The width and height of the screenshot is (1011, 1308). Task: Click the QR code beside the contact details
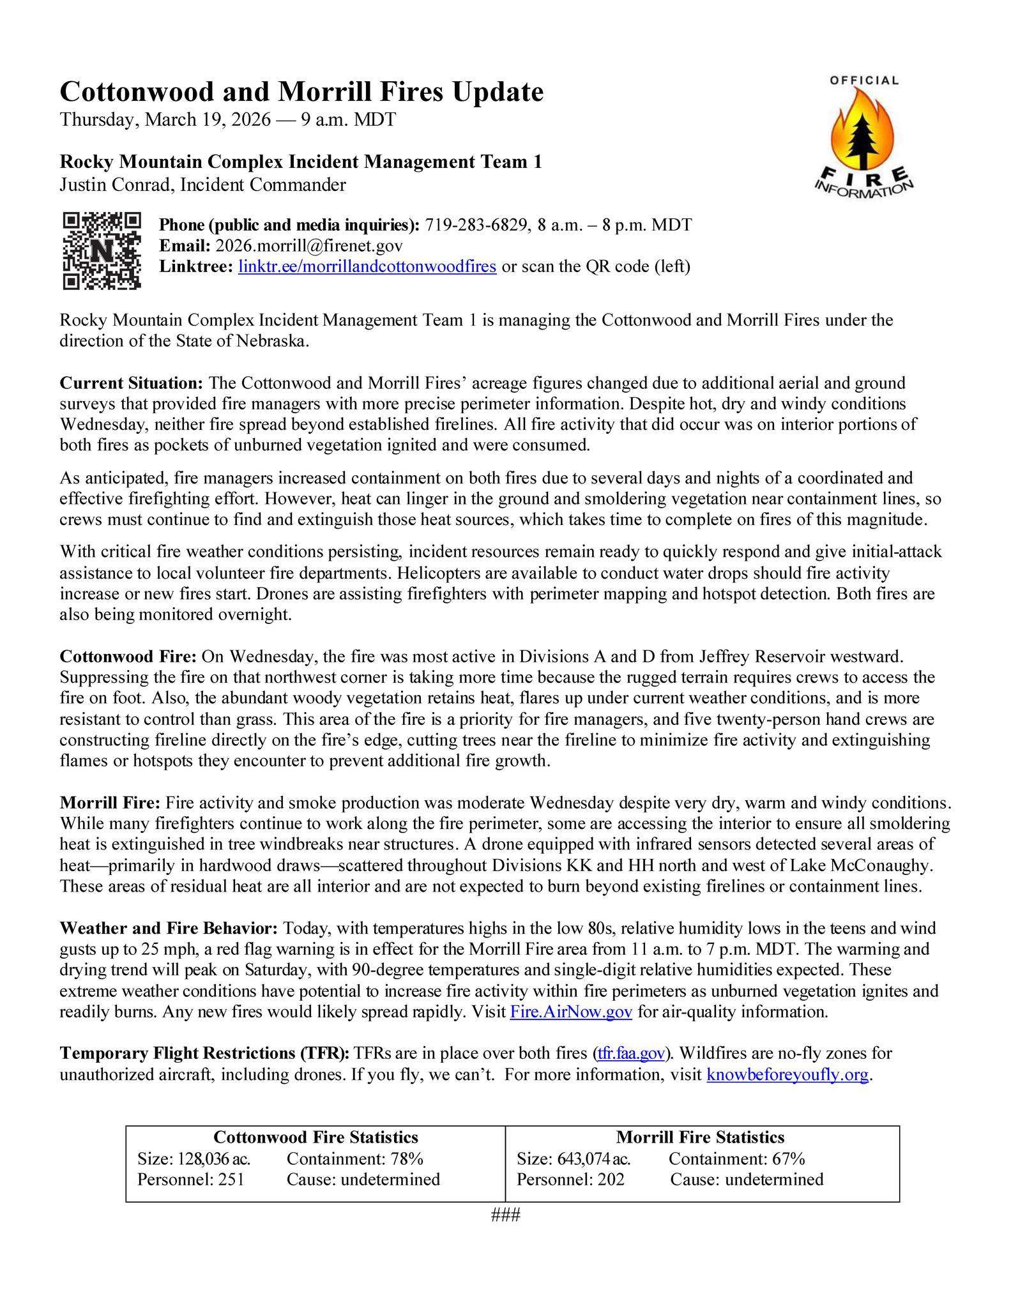click(x=102, y=250)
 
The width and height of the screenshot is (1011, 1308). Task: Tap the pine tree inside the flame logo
click(x=863, y=135)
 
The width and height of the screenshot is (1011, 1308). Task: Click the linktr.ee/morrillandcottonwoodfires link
click(x=367, y=266)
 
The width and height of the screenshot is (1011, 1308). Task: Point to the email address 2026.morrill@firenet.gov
click(x=309, y=246)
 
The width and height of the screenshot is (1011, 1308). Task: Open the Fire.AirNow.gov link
click(x=571, y=1012)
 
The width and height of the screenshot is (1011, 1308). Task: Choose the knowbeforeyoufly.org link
click(x=787, y=1074)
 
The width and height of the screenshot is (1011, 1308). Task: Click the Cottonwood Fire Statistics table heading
click(x=315, y=1137)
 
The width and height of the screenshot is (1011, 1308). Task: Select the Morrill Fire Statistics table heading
click(x=700, y=1137)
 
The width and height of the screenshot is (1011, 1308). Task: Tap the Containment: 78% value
click(x=355, y=1158)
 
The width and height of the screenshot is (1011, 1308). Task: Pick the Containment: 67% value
click(x=736, y=1158)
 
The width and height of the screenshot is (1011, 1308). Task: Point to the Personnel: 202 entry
click(x=570, y=1179)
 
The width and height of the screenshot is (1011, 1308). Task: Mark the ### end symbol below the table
click(x=506, y=1215)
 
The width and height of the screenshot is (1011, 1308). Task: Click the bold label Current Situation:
click(x=131, y=383)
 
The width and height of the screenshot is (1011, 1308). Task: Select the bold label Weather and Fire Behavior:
click(x=169, y=928)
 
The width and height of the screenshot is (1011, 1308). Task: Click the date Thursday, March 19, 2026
click(x=165, y=119)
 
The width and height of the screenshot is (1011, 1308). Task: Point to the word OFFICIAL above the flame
click(x=864, y=80)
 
